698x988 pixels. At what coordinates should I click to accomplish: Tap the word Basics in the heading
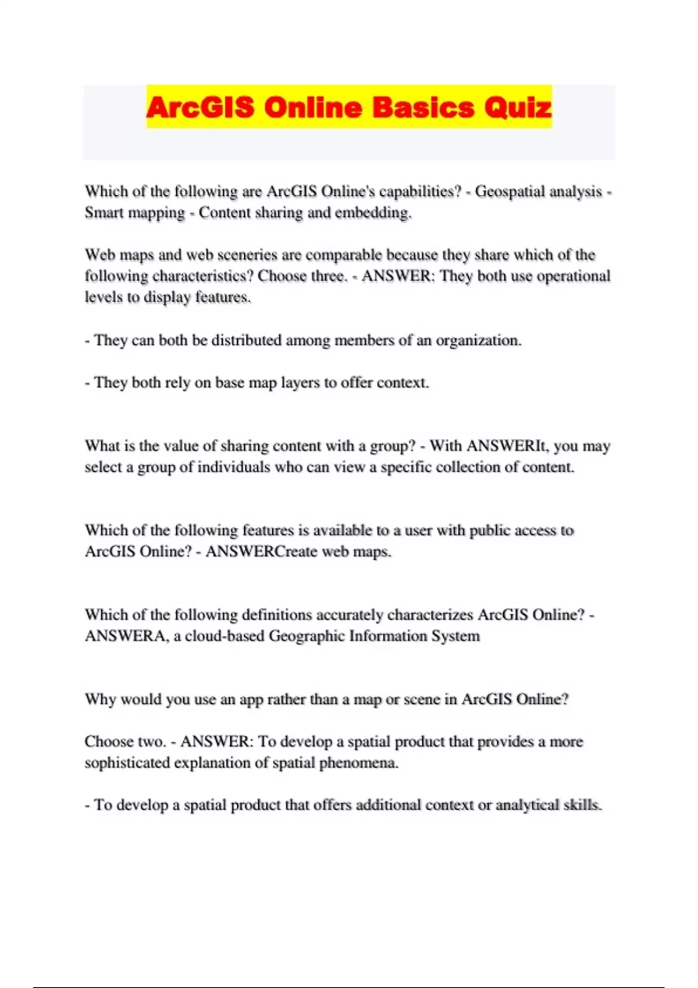pyautogui.click(x=423, y=108)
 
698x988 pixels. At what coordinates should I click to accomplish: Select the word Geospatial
pyautogui.click(x=508, y=192)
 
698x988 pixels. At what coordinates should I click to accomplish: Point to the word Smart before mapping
pyautogui.click(x=104, y=213)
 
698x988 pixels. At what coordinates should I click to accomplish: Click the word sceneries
pyautogui.click(x=232, y=255)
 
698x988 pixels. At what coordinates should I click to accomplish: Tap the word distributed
pyautogui.click(x=246, y=340)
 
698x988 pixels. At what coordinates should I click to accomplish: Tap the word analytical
pyautogui.click(x=527, y=806)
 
